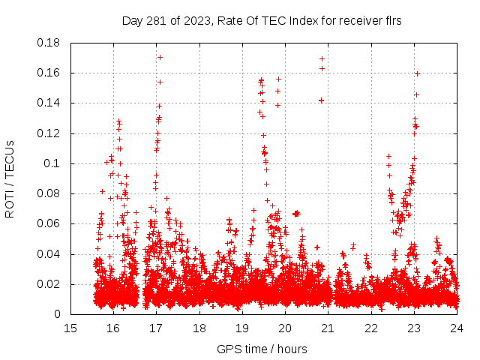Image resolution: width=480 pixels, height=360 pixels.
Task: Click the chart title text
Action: pyautogui.click(x=262, y=21)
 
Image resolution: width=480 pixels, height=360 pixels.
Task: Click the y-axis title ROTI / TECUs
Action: pyautogui.click(x=10, y=178)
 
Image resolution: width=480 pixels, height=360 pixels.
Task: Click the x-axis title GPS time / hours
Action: pyautogui.click(x=262, y=349)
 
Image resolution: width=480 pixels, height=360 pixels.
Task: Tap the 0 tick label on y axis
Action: pyautogui.click(x=58, y=314)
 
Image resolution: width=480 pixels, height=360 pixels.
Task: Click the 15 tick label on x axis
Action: pyautogui.click(x=70, y=328)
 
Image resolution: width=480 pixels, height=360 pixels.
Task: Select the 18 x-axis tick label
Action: pyautogui.click(x=199, y=328)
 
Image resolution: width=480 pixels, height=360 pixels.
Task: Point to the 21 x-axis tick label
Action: pyautogui.click(x=328, y=328)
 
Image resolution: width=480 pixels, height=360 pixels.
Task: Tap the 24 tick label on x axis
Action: pyautogui.click(x=456, y=328)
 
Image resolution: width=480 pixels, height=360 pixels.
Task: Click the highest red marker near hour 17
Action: pyautogui.click(x=160, y=57)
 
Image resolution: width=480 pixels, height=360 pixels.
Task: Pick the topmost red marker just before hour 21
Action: pyautogui.click(x=322, y=58)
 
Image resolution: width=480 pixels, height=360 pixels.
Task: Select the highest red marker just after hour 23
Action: pyautogui.click(x=417, y=73)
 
